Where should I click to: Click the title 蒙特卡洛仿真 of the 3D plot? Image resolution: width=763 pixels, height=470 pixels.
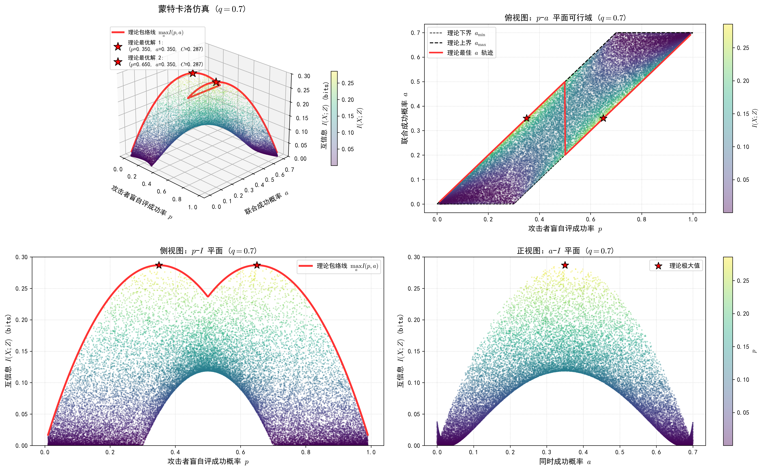184,9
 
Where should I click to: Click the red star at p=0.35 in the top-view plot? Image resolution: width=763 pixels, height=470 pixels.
526,118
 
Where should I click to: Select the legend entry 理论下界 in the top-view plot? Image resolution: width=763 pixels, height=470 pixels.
457,33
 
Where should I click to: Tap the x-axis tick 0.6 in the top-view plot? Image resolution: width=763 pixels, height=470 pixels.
590,219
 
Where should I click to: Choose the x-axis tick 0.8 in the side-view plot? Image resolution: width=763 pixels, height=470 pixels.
306,452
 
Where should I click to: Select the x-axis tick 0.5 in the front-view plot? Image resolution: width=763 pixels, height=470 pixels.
620,452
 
